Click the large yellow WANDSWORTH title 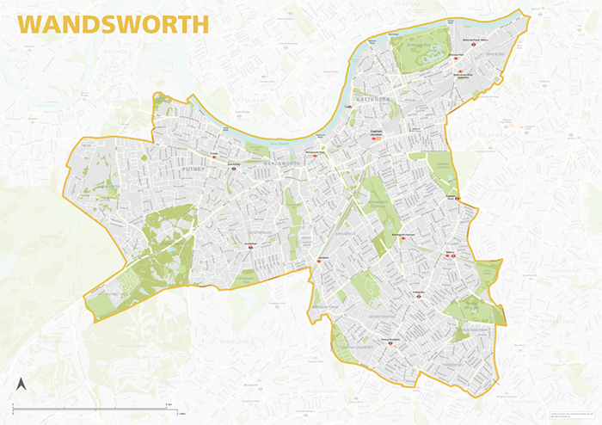click(112, 23)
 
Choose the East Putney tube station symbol click(232, 168)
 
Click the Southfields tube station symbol click(249, 245)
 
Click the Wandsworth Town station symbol click(316, 156)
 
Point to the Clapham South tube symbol click(458, 198)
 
